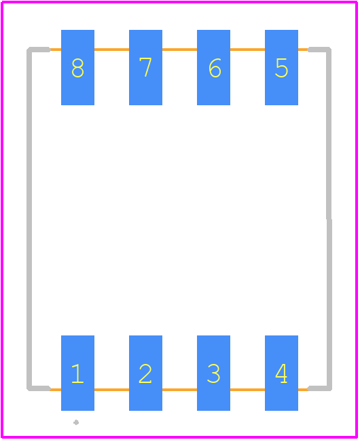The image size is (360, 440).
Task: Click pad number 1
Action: (x=78, y=373)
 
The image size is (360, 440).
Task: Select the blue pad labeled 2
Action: (x=146, y=373)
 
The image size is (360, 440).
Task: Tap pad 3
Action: (x=214, y=373)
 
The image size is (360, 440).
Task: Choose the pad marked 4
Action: (x=282, y=373)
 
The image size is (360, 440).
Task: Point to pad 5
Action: (x=282, y=68)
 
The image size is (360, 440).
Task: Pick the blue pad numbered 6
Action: (x=214, y=68)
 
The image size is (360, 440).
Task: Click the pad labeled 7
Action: (x=146, y=68)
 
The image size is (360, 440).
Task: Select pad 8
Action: (x=78, y=68)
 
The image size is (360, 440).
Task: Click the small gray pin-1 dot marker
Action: (x=76, y=422)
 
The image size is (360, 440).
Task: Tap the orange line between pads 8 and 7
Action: (x=112, y=50)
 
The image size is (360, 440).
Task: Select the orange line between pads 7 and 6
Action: (x=180, y=50)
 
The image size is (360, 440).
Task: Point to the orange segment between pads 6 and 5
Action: (x=248, y=50)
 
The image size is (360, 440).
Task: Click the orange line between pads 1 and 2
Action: (x=112, y=390)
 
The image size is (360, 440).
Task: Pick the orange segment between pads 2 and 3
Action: (x=180, y=390)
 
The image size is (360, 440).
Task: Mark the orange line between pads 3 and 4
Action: (x=248, y=390)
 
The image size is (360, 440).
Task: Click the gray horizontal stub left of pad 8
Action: (x=39, y=50)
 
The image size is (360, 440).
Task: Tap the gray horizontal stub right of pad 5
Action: (x=319, y=50)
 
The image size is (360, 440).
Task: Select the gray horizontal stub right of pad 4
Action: (x=319, y=388)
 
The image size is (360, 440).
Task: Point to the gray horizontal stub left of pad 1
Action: (x=39, y=388)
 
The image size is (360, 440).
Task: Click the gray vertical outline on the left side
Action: (x=29, y=219)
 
